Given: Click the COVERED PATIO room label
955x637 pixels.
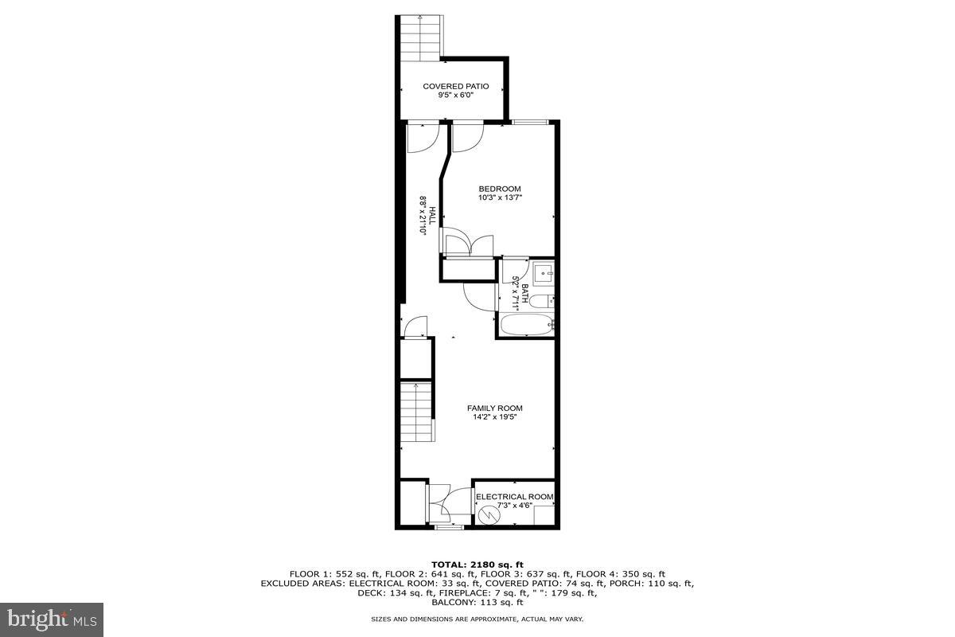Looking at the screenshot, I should pyautogui.click(x=455, y=86).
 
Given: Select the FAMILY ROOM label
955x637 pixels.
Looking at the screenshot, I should pyautogui.click(x=494, y=408).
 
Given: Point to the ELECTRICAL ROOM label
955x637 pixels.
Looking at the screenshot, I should pyautogui.click(x=514, y=497).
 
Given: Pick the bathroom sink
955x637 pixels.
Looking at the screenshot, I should pyautogui.click(x=544, y=273).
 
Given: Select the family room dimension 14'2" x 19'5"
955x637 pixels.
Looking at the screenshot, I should pyautogui.click(x=494, y=418).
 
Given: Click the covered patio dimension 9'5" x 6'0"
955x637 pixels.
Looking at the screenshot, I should pyautogui.click(x=455, y=96).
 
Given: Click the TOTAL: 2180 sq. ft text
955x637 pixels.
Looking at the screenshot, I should pyautogui.click(x=477, y=564).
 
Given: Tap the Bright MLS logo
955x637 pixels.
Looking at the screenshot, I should pyautogui.click(x=52, y=617).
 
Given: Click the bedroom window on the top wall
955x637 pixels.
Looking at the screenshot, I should pyautogui.click(x=529, y=122).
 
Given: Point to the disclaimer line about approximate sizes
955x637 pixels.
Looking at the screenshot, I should pyautogui.click(x=477, y=619).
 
